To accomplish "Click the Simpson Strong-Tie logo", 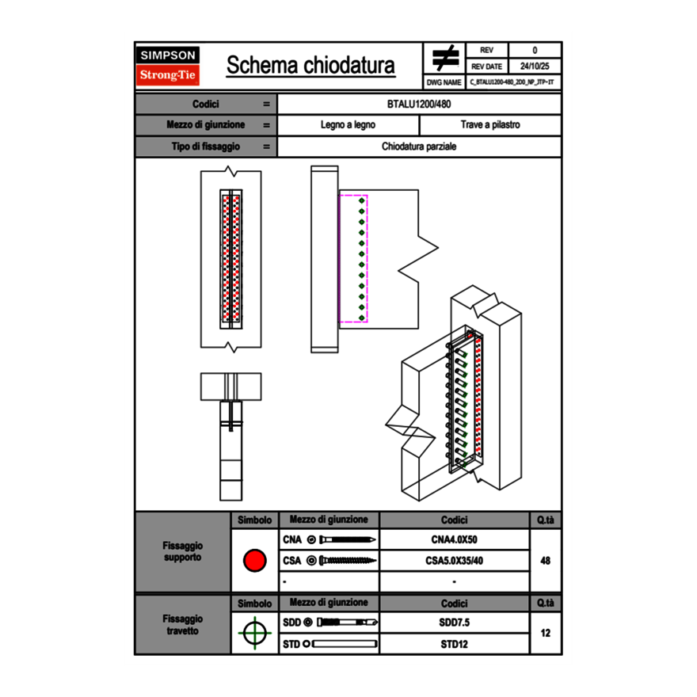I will coord(168,66).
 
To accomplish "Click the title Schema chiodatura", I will coord(310,66).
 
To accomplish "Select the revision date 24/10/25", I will coord(535,66).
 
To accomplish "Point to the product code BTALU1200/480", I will coord(419,104).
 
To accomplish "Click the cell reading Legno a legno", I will coord(348,125).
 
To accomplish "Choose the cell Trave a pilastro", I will coord(490,125).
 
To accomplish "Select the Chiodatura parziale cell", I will coord(419,147).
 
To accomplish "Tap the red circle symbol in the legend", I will coord(254,561).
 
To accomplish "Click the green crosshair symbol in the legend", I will coord(254,634).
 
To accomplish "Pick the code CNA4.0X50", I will coord(454,540).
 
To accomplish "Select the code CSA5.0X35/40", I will coord(454,561).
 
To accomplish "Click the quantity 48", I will coord(545,561).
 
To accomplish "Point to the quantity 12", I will coord(545,634).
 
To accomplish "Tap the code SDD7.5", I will coord(454,623).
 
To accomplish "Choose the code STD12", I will coord(454,644).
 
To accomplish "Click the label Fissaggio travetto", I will coord(182,624).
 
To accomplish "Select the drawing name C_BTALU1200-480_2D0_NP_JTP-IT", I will coord(512,82).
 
